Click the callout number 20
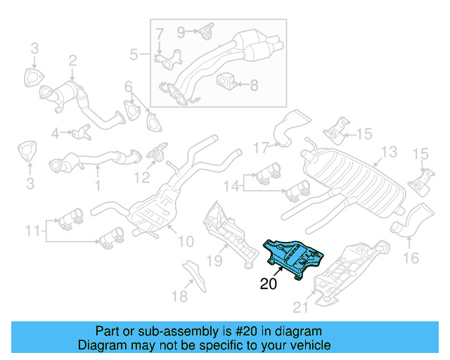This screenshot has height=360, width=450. (x=269, y=285)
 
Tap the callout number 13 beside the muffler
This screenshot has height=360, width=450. (x=389, y=152)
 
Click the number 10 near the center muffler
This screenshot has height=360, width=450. (x=185, y=242)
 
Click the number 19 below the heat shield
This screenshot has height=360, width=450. (x=214, y=261)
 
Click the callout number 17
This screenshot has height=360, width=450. (x=262, y=148)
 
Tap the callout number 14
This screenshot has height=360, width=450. (x=231, y=186)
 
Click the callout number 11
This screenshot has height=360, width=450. (x=32, y=230)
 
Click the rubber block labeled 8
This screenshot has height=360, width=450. (x=227, y=84)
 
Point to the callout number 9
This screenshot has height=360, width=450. (x=181, y=31)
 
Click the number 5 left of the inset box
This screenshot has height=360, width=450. (x=134, y=54)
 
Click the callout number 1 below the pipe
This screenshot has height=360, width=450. (x=98, y=187)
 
